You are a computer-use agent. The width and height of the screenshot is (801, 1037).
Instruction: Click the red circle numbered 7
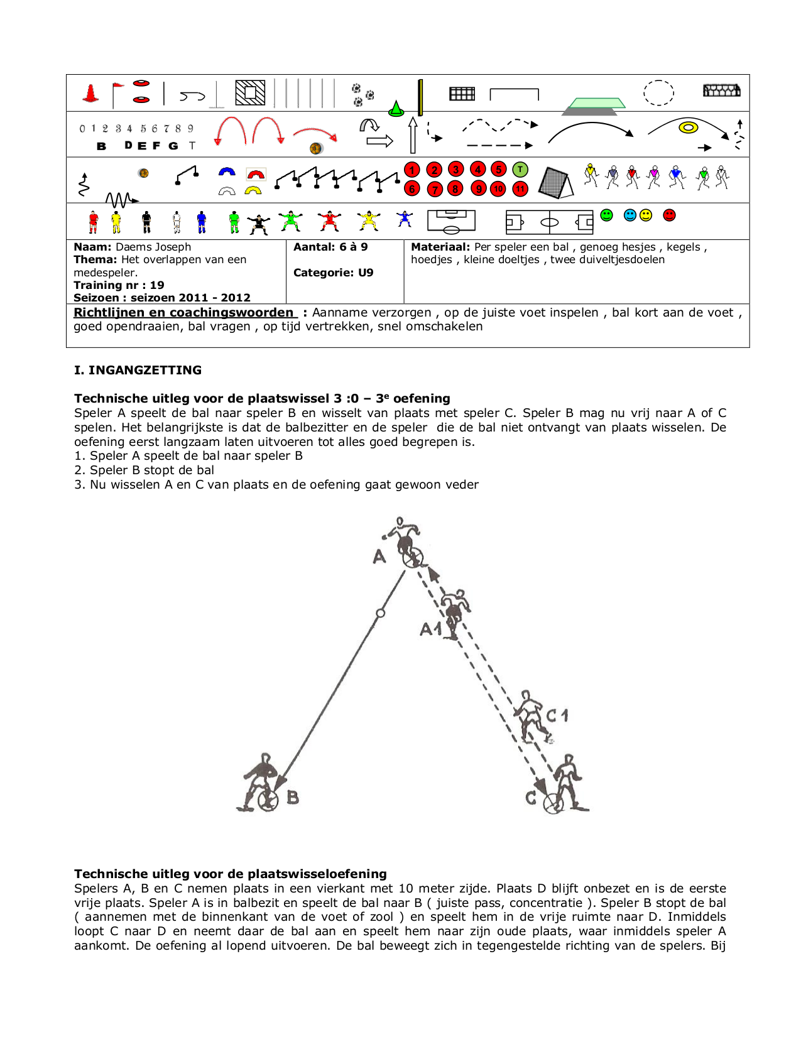[435, 189]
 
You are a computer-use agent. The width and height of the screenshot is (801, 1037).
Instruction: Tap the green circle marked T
[520, 170]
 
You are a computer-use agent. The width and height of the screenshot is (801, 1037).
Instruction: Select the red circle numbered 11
[520, 189]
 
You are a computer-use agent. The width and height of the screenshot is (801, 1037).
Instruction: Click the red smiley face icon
[670, 215]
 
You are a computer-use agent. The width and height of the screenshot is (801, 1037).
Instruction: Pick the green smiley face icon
[606, 215]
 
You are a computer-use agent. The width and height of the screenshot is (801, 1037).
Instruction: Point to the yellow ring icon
[689, 128]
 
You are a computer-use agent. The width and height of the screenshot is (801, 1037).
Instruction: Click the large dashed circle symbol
[658, 93]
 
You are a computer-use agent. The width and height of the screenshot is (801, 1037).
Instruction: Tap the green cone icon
[396, 109]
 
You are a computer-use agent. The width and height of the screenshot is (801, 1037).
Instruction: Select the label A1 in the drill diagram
[431, 629]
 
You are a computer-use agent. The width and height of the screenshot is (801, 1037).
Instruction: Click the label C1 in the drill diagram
[557, 715]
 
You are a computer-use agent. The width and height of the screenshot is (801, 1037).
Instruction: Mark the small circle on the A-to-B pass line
[380, 613]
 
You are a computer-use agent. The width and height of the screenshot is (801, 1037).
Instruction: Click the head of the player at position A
[400, 521]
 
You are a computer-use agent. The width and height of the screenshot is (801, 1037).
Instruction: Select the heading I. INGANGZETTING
[138, 370]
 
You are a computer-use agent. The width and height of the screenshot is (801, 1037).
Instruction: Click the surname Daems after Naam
[134, 247]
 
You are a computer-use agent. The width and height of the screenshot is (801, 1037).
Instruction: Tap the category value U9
[366, 273]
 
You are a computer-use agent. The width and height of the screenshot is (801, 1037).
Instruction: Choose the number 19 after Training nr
[157, 285]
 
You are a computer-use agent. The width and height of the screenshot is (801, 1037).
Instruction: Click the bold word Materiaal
[440, 247]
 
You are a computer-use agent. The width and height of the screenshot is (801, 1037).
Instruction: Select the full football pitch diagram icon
[550, 222]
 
